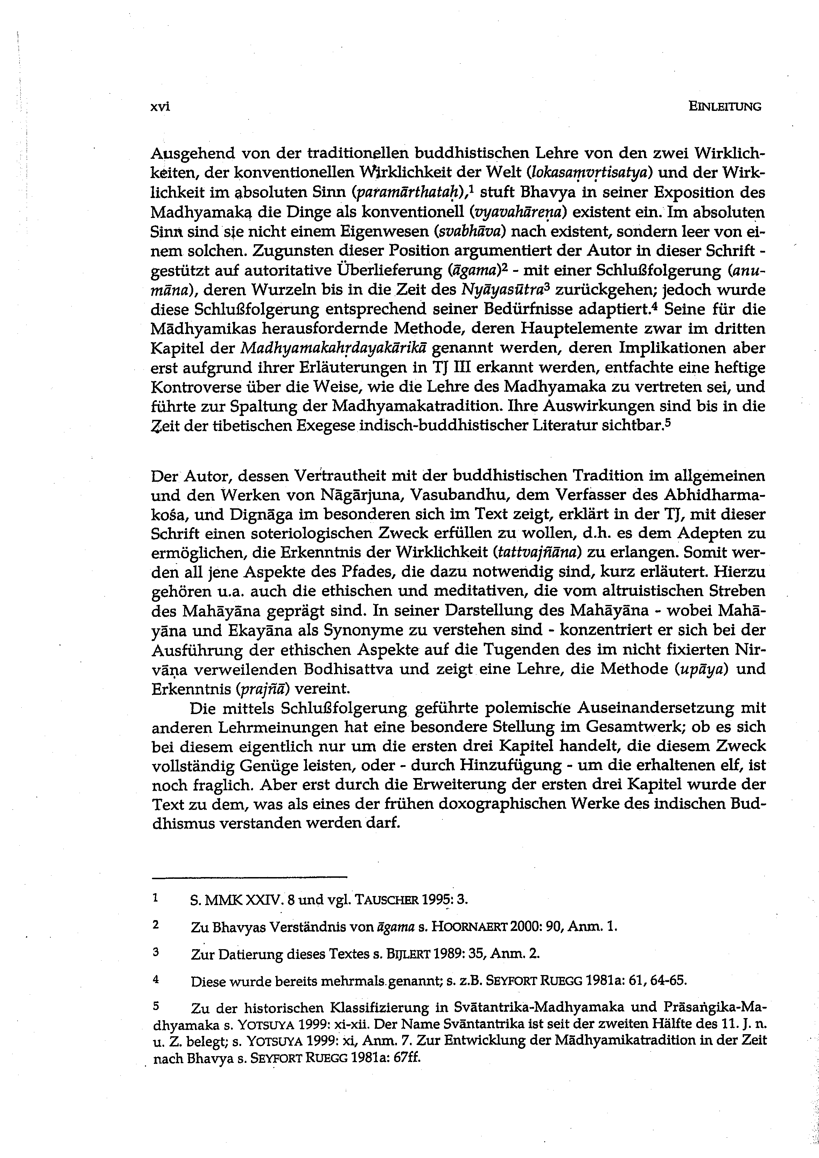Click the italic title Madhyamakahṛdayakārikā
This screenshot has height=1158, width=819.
click(x=335, y=348)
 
